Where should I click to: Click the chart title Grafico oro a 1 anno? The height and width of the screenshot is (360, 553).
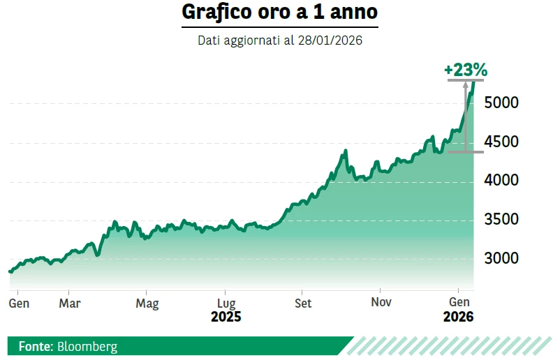coord(279,13)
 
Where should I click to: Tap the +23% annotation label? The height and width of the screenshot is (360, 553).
coord(465,70)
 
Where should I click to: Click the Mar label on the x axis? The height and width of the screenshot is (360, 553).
coord(69,303)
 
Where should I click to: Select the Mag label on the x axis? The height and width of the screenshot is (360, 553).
coord(147,303)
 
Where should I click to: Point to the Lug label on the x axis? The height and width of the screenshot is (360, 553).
coord(226,303)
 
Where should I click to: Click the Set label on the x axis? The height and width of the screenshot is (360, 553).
coord(303,303)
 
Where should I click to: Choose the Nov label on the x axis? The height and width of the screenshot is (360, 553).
coord(381,303)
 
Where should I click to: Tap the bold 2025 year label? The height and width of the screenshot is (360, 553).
coord(226,317)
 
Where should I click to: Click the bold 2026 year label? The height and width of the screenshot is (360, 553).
coord(458,317)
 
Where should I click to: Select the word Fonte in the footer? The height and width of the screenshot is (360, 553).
coord(35,346)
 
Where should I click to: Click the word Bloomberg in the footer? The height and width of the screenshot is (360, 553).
coord(87,346)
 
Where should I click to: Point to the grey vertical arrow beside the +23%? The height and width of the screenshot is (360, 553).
coord(465,115)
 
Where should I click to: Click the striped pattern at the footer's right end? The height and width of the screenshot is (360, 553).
coord(447,346)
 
